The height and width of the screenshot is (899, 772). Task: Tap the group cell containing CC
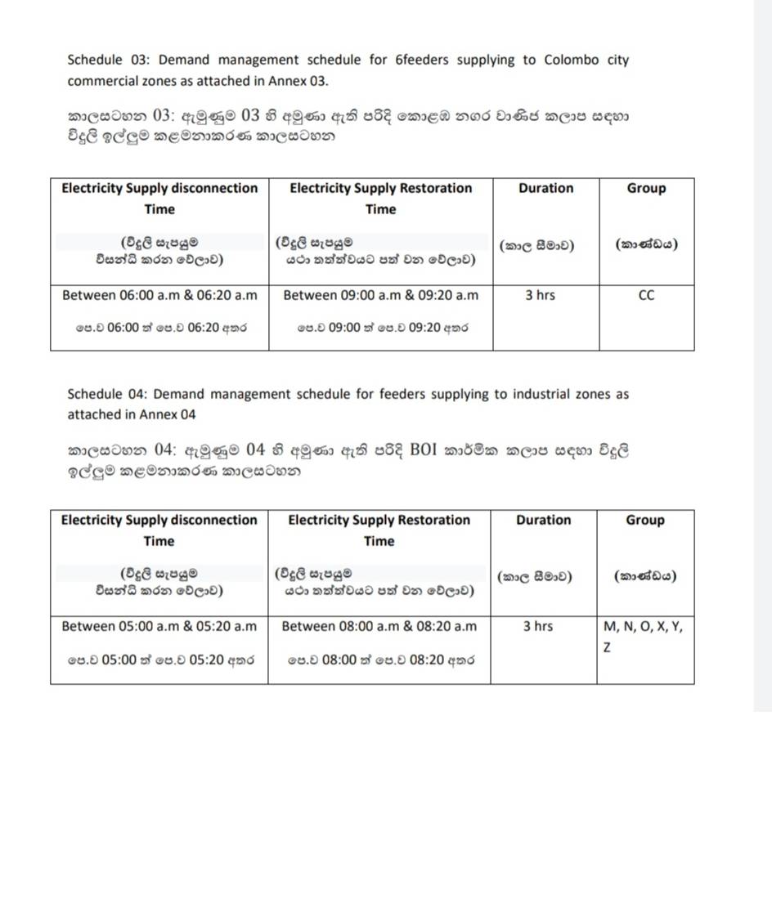pos(646,296)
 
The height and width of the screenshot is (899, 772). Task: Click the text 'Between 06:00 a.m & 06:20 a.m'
pos(159,296)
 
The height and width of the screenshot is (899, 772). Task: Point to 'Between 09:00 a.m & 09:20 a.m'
pos(380,296)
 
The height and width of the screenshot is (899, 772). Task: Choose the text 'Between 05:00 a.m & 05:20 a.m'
pos(159,627)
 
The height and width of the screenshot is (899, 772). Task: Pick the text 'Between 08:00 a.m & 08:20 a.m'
pos(379,627)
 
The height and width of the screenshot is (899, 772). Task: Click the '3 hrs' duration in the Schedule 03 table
pos(540,296)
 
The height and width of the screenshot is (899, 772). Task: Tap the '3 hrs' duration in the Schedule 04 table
pos(537,627)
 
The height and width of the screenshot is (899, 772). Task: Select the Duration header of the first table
pos(545,188)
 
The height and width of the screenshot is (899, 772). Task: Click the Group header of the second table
pos(645,520)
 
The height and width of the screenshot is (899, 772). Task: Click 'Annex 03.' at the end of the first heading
pos(302,81)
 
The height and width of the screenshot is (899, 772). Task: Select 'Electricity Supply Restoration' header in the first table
pos(380,188)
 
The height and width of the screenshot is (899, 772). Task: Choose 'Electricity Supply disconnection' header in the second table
pos(159,520)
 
